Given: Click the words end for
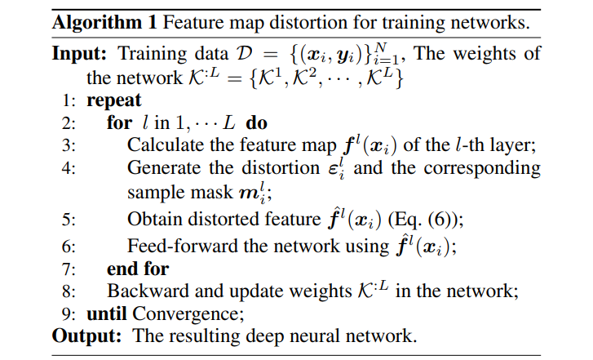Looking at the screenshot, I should click(x=137, y=268).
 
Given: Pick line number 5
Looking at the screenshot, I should click(x=68, y=220).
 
